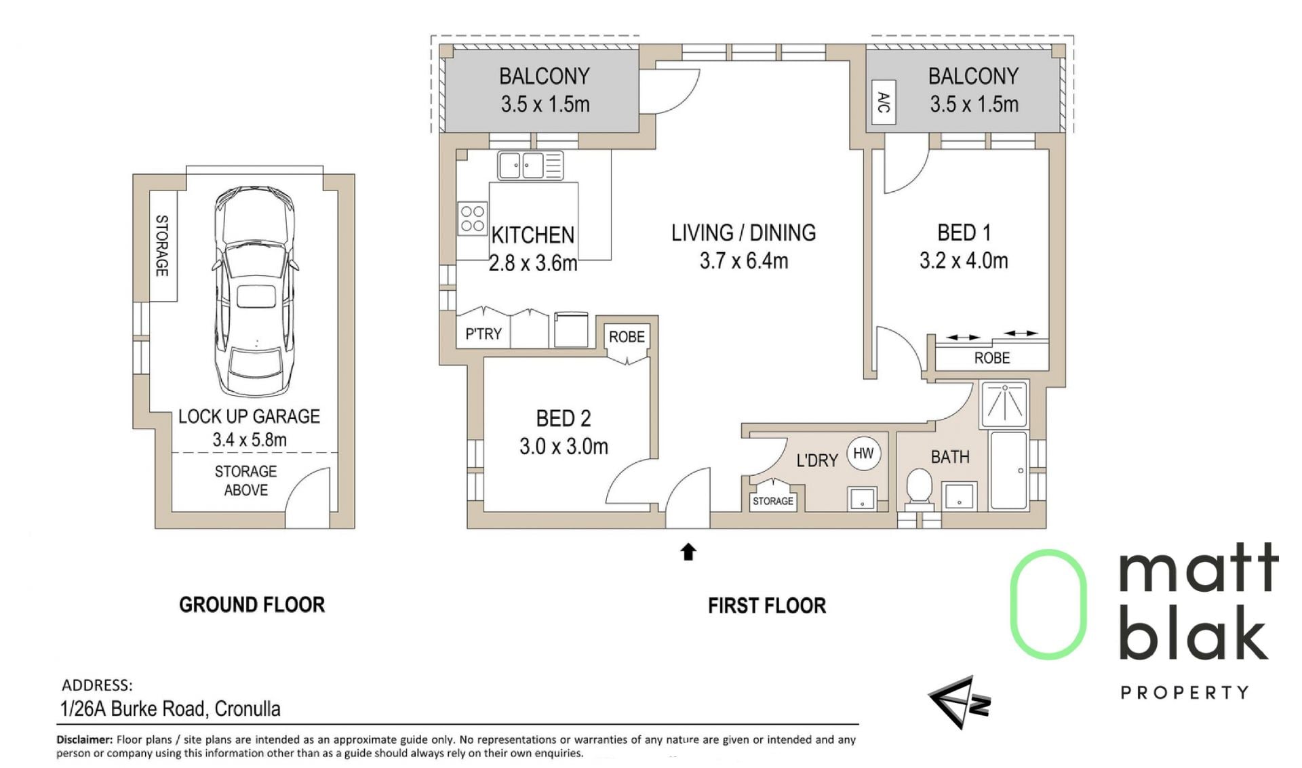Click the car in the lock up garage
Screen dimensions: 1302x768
pyautogui.click(x=255, y=291)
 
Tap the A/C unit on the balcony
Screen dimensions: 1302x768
pyautogui.click(x=883, y=102)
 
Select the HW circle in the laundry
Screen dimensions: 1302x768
pyautogui.click(x=863, y=453)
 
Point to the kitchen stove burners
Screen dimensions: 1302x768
pyautogui.click(x=472, y=219)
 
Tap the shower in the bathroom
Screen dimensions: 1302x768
pyautogui.click(x=1004, y=404)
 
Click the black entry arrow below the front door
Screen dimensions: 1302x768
pyautogui.click(x=688, y=552)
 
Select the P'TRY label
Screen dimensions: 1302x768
pyautogui.click(x=483, y=334)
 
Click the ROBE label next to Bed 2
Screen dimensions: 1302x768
pyautogui.click(x=627, y=337)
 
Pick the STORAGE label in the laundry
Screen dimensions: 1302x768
pyautogui.click(x=773, y=501)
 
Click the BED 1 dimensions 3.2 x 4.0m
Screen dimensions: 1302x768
pyautogui.click(x=964, y=261)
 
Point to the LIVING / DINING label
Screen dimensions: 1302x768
pyautogui.click(x=744, y=233)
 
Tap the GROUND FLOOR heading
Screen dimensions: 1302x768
pyautogui.click(x=252, y=605)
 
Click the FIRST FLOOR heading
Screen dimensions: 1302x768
pyautogui.click(x=767, y=605)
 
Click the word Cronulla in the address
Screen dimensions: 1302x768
pyautogui.click(x=248, y=709)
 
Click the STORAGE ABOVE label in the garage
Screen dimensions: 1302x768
pyautogui.click(x=245, y=481)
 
